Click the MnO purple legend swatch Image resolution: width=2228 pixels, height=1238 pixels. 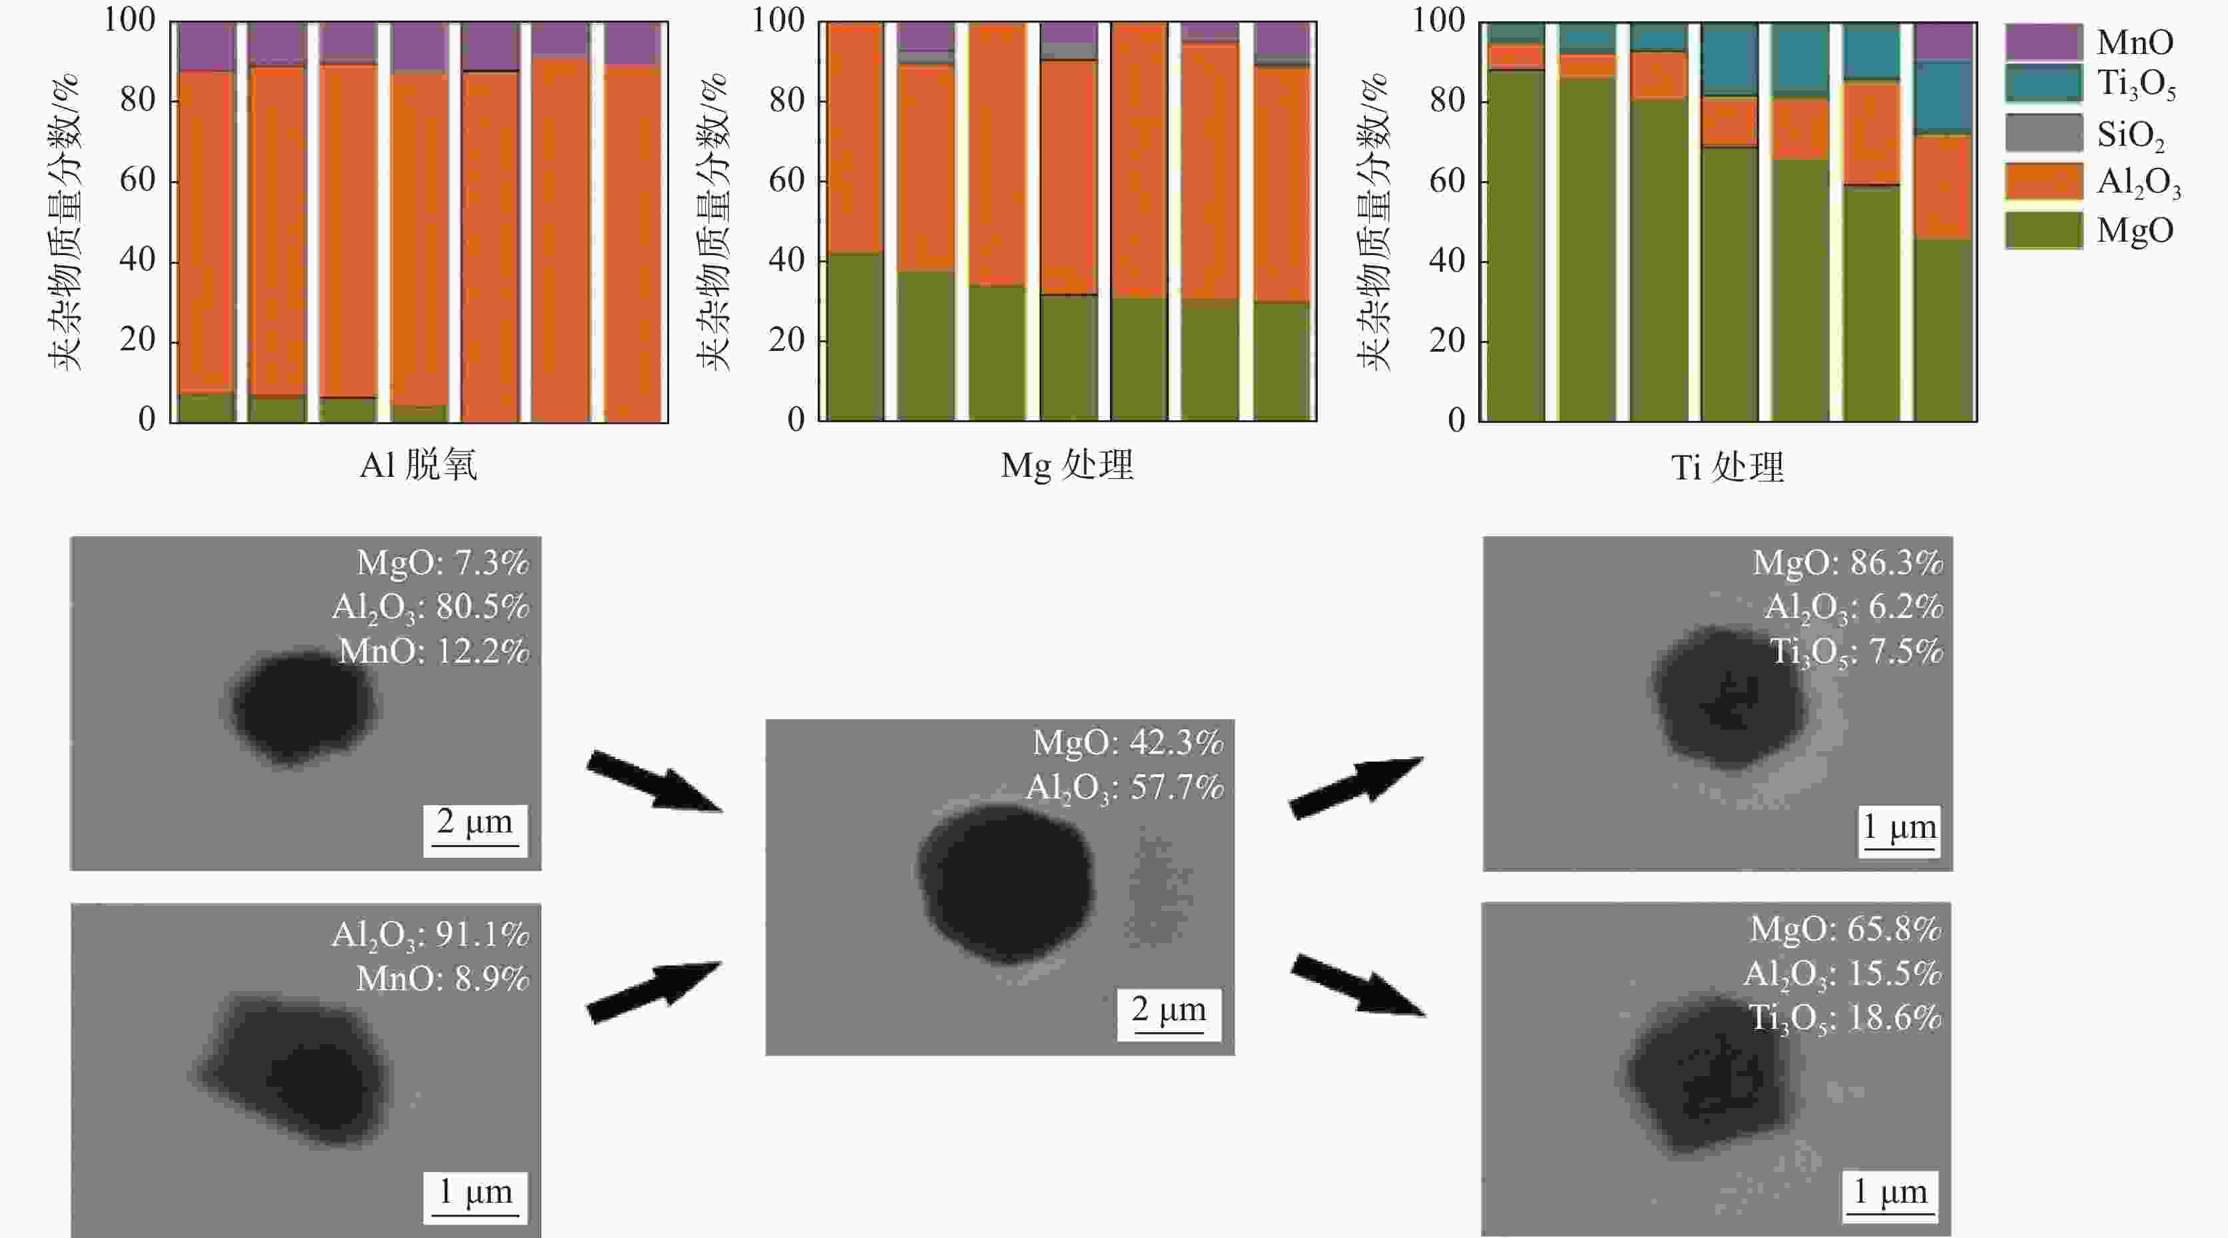[x=2044, y=41]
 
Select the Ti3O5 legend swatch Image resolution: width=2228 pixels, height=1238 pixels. [x=2044, y=85]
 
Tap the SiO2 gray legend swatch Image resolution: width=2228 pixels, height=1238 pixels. [x=2044, y=133]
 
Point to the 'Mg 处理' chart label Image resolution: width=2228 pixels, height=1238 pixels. [x=1067, y=465]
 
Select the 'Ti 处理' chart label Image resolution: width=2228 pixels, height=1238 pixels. [x=1727, y=467]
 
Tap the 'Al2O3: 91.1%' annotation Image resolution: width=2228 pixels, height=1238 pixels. [x=430, y=934]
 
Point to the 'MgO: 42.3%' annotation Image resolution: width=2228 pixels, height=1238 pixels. [x=1128, y=743]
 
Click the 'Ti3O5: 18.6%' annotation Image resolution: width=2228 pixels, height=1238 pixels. [x=1845, y=1018]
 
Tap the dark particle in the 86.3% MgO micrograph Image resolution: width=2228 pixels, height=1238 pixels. [x=1730, y=701]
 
